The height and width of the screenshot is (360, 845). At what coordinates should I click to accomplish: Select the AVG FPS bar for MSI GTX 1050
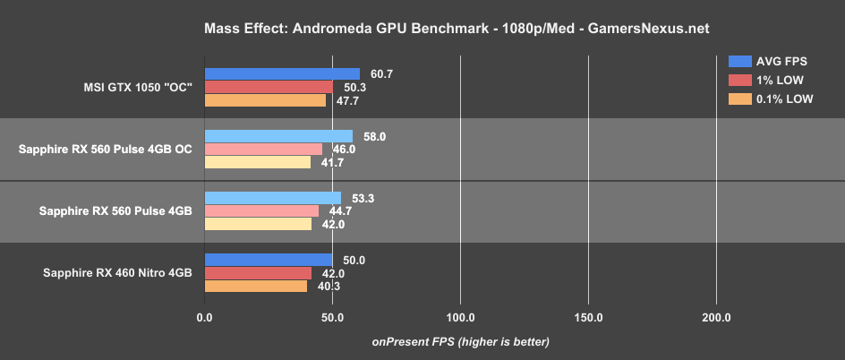282,74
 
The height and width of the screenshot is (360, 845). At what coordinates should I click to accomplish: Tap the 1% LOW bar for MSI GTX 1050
269,87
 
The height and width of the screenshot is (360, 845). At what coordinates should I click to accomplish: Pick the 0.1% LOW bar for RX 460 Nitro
256,286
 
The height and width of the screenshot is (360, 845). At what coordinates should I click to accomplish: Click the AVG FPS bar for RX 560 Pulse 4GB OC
278,136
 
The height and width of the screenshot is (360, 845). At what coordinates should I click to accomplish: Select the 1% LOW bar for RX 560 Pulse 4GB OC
263,149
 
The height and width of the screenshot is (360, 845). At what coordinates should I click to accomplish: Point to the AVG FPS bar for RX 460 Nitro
269,260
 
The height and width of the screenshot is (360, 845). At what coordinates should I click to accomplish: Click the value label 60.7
376,73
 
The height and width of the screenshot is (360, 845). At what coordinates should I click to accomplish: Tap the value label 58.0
369,136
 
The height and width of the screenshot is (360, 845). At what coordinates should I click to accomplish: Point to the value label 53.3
357,198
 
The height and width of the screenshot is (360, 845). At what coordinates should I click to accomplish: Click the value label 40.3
323,286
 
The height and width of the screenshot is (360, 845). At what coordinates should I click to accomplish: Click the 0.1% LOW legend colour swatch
739,99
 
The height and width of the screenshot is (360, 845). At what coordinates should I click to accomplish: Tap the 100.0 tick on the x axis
460,317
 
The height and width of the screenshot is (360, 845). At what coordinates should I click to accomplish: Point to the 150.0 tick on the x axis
588,317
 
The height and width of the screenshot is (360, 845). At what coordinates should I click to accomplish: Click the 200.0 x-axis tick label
716,317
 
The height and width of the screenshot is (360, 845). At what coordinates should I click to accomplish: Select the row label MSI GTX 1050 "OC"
135,87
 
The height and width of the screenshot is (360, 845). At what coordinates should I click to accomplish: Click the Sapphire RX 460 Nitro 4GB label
118,272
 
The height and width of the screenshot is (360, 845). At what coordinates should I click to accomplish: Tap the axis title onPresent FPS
460,341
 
